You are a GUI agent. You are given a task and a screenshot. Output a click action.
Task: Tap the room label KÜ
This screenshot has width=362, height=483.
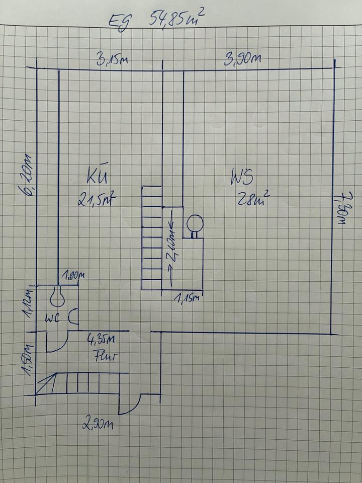click(97, 179)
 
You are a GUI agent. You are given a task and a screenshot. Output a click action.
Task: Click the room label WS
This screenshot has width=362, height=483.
click(242, 178)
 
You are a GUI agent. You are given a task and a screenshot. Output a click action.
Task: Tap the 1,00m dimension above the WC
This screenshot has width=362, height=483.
click(73, 276)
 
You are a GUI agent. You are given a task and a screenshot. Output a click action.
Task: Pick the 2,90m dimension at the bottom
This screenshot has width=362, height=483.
click(99, 424)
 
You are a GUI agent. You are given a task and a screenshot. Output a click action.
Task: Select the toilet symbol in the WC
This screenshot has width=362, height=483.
click(57, 297)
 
